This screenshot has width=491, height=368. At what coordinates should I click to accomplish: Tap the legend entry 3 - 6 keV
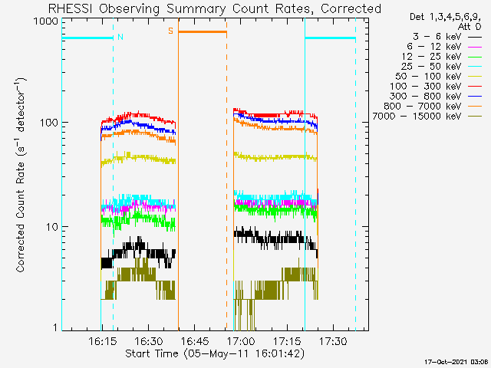click(437, 37)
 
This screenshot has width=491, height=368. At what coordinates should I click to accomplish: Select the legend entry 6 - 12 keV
click(434, 47)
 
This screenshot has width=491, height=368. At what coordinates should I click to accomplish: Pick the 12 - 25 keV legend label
click(431, 57)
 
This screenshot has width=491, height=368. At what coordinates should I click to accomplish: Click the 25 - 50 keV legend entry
click(431, 67)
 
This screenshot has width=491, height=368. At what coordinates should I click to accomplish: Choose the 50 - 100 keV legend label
click(428, 77)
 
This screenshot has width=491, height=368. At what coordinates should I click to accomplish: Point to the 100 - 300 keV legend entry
click(425, 87)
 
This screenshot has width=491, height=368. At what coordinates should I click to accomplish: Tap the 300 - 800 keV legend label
click(425, 97)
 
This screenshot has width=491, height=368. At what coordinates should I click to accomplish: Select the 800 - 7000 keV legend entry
click(423, 107)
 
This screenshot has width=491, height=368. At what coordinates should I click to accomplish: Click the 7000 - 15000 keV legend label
click(417, 117)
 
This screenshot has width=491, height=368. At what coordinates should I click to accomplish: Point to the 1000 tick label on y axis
click(46, 21)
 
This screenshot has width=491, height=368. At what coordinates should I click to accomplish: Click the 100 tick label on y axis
click(49, 123)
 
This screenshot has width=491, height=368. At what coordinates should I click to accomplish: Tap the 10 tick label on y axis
click(52, 227)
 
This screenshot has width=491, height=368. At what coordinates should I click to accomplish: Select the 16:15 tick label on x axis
click(103, 340)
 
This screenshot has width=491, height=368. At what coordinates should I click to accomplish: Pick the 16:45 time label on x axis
click(195, 340)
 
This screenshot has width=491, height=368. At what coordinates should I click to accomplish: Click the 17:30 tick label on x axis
click(333, 340)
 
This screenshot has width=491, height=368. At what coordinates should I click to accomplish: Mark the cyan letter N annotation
click(120, 37)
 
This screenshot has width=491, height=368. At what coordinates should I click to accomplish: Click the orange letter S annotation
click(170, 31)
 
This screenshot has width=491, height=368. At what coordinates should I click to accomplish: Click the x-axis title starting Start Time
click(215, 353)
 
